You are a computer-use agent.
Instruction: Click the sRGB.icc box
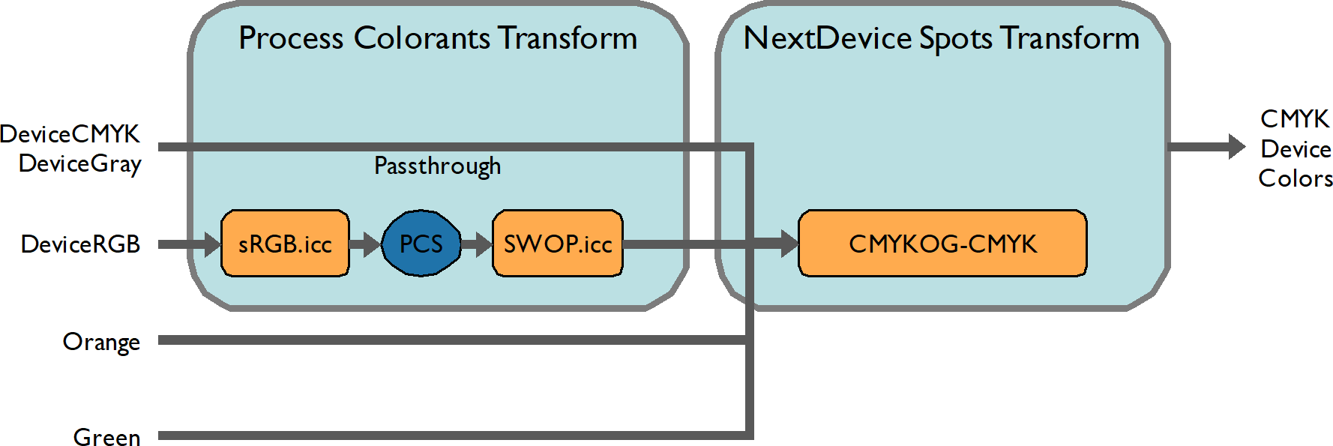(x=285, y=244)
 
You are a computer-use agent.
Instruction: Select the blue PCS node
(x=421, y=244)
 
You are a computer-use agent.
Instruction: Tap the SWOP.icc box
(x=558, y=244)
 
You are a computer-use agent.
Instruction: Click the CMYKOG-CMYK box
(x=942, y=244)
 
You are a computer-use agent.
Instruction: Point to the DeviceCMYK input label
(x=70, y=134)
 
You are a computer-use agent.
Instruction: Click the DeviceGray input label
(x=79, y=163)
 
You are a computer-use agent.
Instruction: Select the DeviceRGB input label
(x=80, y=244)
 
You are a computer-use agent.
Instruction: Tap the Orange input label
(x=101, y=342)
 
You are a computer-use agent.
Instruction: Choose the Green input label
(x=106, y=437)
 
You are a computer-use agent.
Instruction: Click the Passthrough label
(x=437, y=166)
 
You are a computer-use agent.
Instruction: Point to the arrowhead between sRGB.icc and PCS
(x=371, y=244)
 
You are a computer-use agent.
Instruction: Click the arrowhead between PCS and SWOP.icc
(x=482, y=244)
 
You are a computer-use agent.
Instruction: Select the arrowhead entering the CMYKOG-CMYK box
(x=789, y=244)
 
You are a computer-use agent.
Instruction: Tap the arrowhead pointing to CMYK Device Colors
(x=1236, y=146)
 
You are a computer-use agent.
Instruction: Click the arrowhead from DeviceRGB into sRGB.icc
(x=211, y=244)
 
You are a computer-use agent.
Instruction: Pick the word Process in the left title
(x=291, y=38)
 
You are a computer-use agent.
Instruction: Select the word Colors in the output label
(x=1295, y=178)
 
